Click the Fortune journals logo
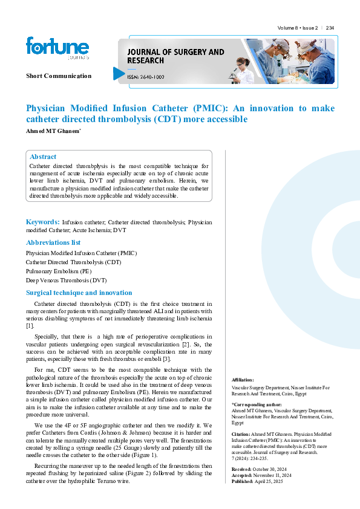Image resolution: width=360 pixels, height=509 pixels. (57, 48)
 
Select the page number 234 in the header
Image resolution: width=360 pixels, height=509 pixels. (330, 28)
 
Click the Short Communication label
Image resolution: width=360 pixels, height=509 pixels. (59, 76)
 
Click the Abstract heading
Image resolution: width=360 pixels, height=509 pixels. (43, 157)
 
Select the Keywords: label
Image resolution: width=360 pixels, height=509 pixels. (42, 222)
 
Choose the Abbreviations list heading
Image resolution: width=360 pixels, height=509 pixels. (53, 242)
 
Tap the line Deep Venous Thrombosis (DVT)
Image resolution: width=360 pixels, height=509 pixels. (66, 280)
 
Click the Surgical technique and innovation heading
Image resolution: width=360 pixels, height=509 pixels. (79, 293)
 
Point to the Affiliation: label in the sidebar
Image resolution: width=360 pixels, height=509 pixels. (243, 379)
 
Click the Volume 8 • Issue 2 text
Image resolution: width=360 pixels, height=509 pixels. (298, 28)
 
